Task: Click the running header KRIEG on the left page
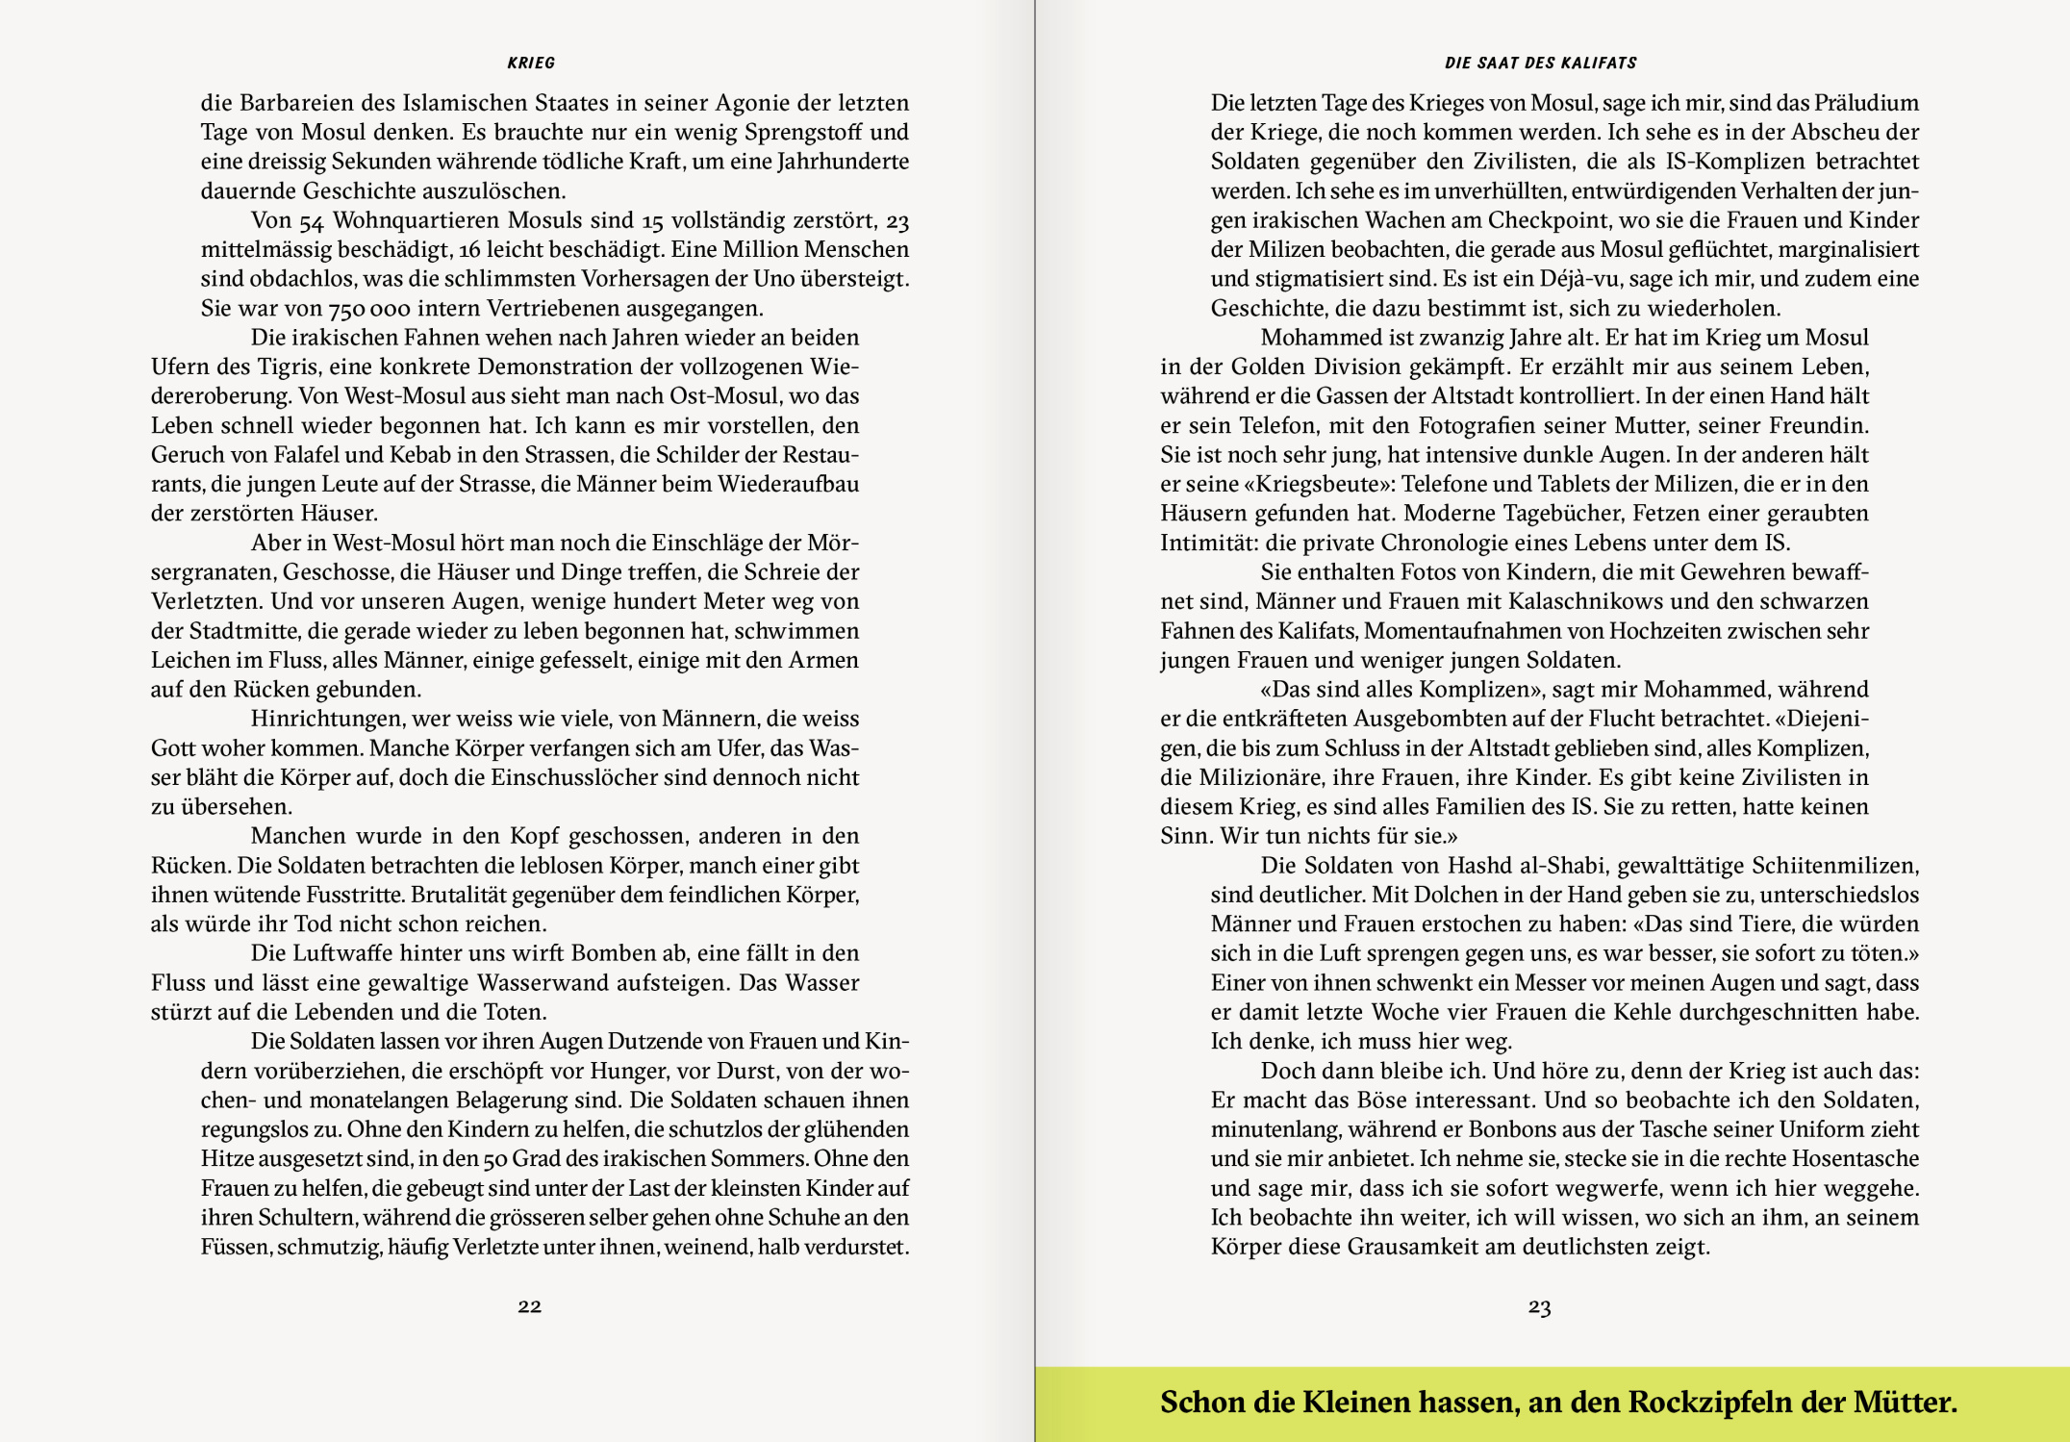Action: click(531, 63)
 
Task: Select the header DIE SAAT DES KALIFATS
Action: click(1540, 63)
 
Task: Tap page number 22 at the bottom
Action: click(529, 1305)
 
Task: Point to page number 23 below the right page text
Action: click(1539, 1306)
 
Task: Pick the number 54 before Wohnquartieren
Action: click(311, 221)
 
